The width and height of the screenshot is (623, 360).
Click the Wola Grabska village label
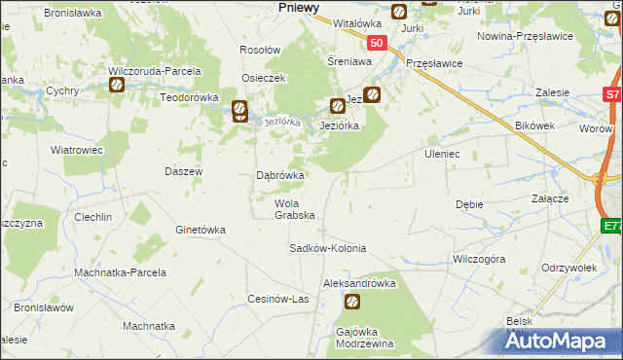click(294, 209)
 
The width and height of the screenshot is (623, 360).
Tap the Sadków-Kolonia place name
click(327, 248)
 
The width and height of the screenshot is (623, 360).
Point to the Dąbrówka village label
click(279, 176)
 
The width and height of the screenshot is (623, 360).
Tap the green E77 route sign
click(611, 226)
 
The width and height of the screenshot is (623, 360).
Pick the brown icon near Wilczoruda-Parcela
click(117, 85)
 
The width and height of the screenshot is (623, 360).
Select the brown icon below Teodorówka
click(239, 111)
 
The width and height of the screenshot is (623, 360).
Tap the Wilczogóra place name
click(478, 260)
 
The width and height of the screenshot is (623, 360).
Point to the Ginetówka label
click(200, 231)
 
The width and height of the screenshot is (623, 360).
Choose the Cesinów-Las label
click(278, 299)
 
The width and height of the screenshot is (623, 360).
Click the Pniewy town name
click(299, 7)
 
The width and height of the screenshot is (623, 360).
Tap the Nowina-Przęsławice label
click(524, 36)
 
